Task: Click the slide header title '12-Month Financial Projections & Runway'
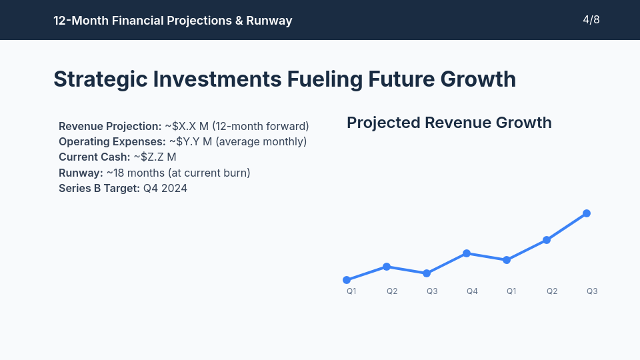point(173,21)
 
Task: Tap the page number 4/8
point(591,20)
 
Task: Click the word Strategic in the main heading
point(100,79)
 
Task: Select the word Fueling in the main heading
point(325,79)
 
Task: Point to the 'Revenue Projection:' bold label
point(110,126)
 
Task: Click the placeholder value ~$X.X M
point(187,126)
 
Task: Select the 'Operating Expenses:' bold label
point(112,142)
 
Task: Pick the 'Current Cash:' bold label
point(95,157)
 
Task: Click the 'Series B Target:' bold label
point(99,189)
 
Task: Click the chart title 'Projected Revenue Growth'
point(449,123)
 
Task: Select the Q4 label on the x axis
point(472,291)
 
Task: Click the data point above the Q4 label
point(467,253)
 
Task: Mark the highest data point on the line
point(587,213)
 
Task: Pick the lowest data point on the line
point(347,280)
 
